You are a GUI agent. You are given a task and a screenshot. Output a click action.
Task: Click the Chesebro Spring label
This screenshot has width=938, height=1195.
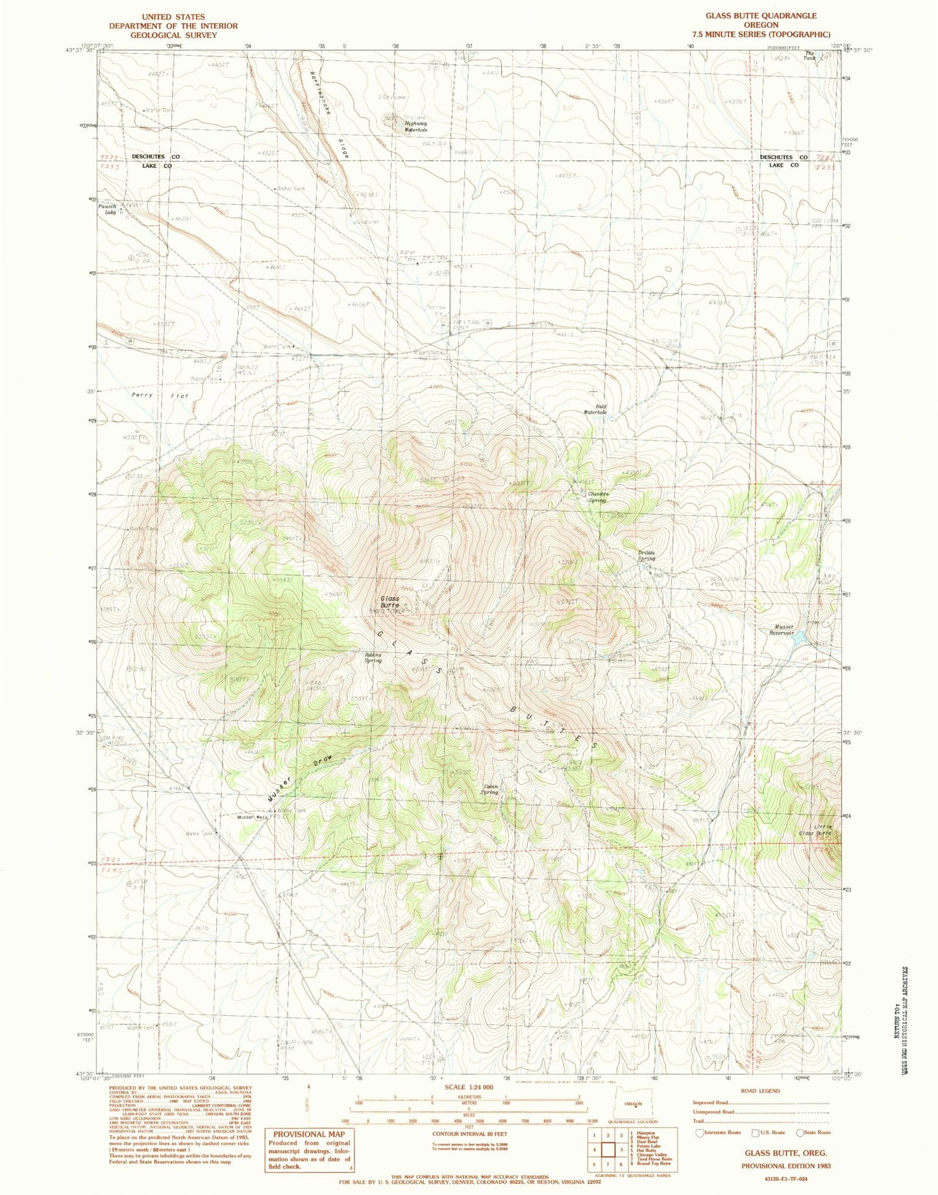click(597, 497)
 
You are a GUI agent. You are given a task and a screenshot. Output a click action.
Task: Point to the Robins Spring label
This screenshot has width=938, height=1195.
click(373, 658)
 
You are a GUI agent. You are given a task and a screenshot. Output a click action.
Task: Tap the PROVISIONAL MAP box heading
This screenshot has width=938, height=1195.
click(308, 1134)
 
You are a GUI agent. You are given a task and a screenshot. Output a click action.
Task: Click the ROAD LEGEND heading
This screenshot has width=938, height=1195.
click(760, 1091)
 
